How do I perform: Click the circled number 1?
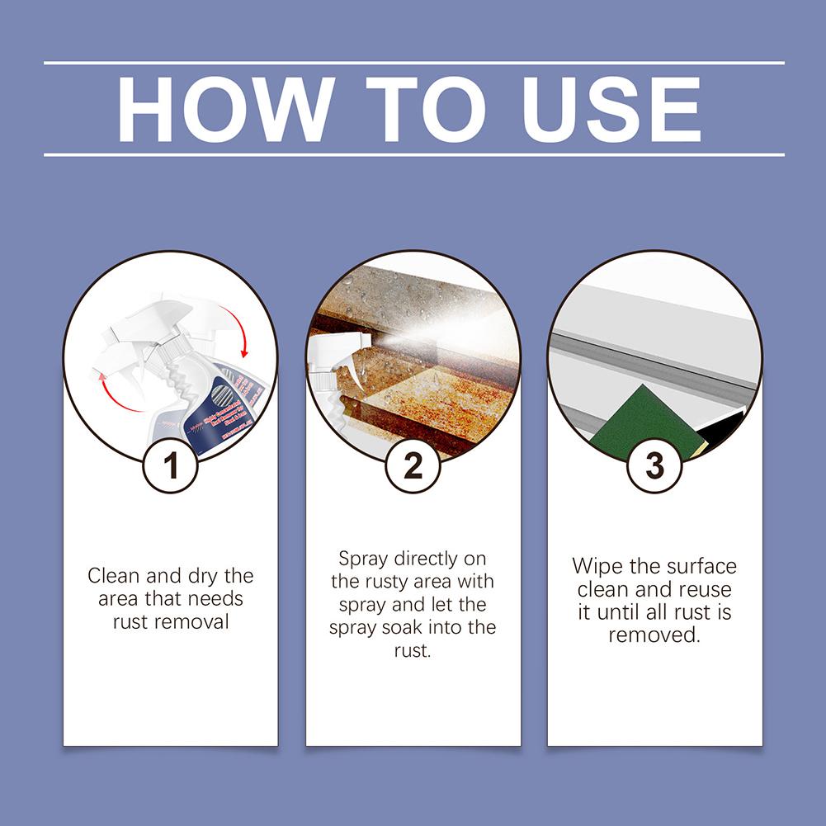pos(171,466)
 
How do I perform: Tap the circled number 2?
pos(413,466)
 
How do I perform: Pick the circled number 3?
pos(654,466)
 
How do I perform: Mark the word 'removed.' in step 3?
pos(654,636)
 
